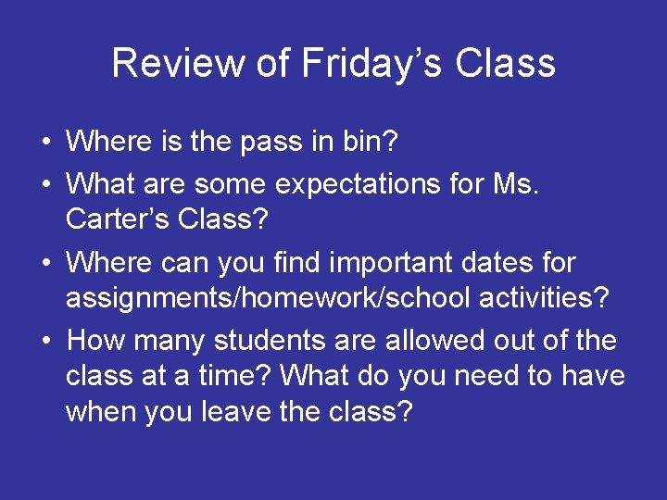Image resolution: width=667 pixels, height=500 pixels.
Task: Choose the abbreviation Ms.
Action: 518,184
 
